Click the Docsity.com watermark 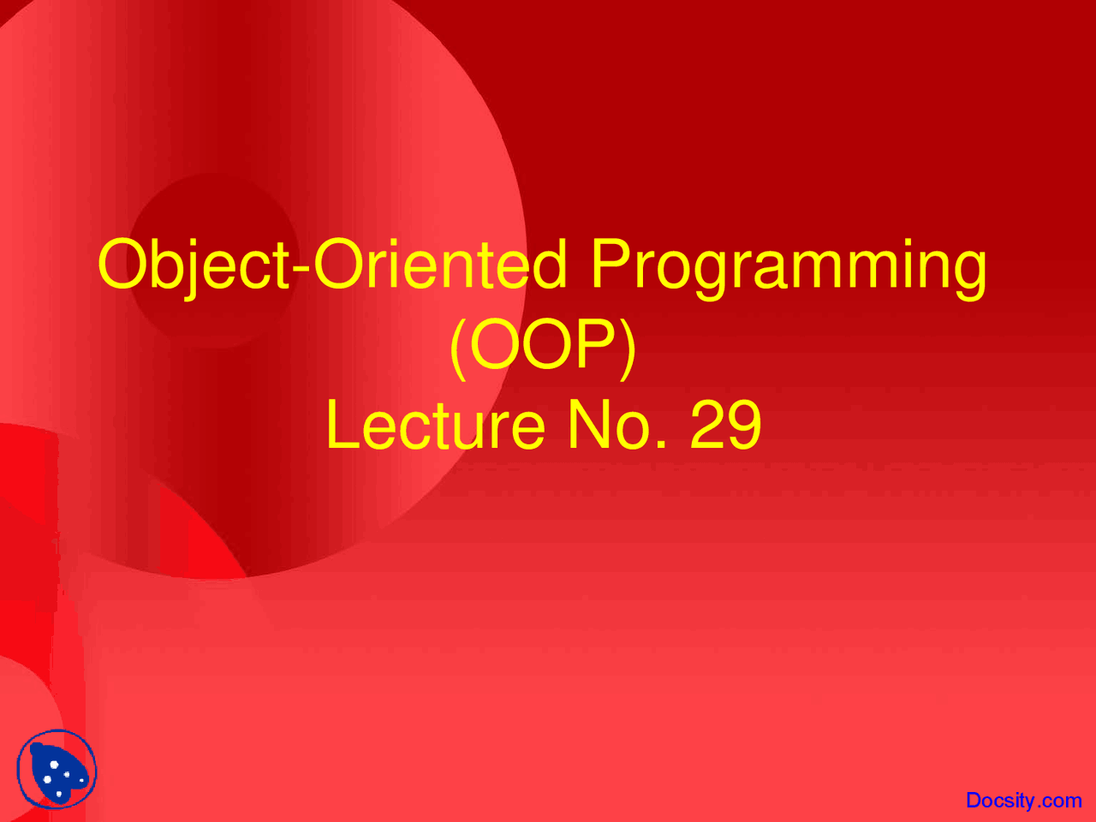pyautogui.click(x=1023, y=800)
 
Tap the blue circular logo pyautogui.click(x=57, y=769)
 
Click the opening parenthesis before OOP pyautogui.click(x=458, y=348)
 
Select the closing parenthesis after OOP pyautogui.click(x=627, y=348)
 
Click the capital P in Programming pyautogui.click(x=611, y=263)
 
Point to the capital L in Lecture pyautogui.click(x=343, y=424)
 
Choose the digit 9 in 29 pyautogui.click(x=745, y=424)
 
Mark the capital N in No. pyautogui.click(x=589, y=424)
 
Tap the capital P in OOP pyautogui.click(x=595, y=342)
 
